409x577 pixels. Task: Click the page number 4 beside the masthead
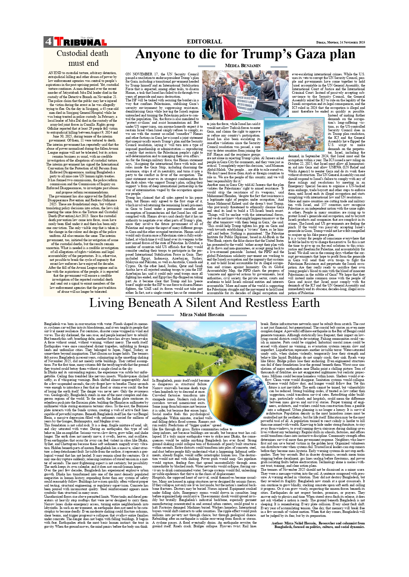(48, 42)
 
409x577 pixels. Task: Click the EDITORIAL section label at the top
(204, 41)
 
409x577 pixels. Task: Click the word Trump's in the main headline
(266, 54)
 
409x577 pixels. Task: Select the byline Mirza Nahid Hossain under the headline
(202, 314)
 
